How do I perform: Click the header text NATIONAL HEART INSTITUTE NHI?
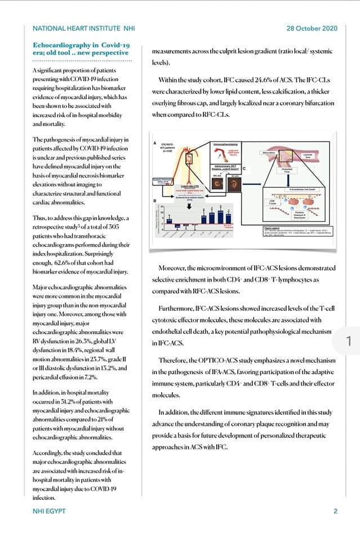[84, 29]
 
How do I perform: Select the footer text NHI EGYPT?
[50, 511]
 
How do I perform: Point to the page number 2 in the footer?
[335, 511]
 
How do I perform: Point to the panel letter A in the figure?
[155, 144]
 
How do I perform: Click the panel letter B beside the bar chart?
[155, 201]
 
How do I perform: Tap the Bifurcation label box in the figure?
[269, 153]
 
